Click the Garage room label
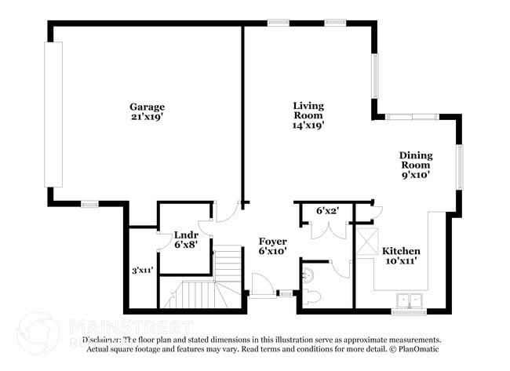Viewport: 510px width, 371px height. (x=147, y=106)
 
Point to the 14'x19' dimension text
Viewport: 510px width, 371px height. (x=308, y=125)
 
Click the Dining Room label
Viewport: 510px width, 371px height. (x=416, y=160)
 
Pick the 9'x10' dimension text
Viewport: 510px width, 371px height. (x=416, y=176)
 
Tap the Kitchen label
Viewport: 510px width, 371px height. (x=401, y=251)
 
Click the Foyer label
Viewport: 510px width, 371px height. (x=272, y=241)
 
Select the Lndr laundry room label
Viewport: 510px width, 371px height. (x=186, y=234)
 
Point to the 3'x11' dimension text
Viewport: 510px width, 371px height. (x=142, y=270)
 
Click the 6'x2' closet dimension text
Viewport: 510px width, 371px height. (x=326, y=210)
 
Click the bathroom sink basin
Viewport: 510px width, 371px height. (x=307, y=275)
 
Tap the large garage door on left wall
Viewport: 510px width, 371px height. (x=53, y=114)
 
